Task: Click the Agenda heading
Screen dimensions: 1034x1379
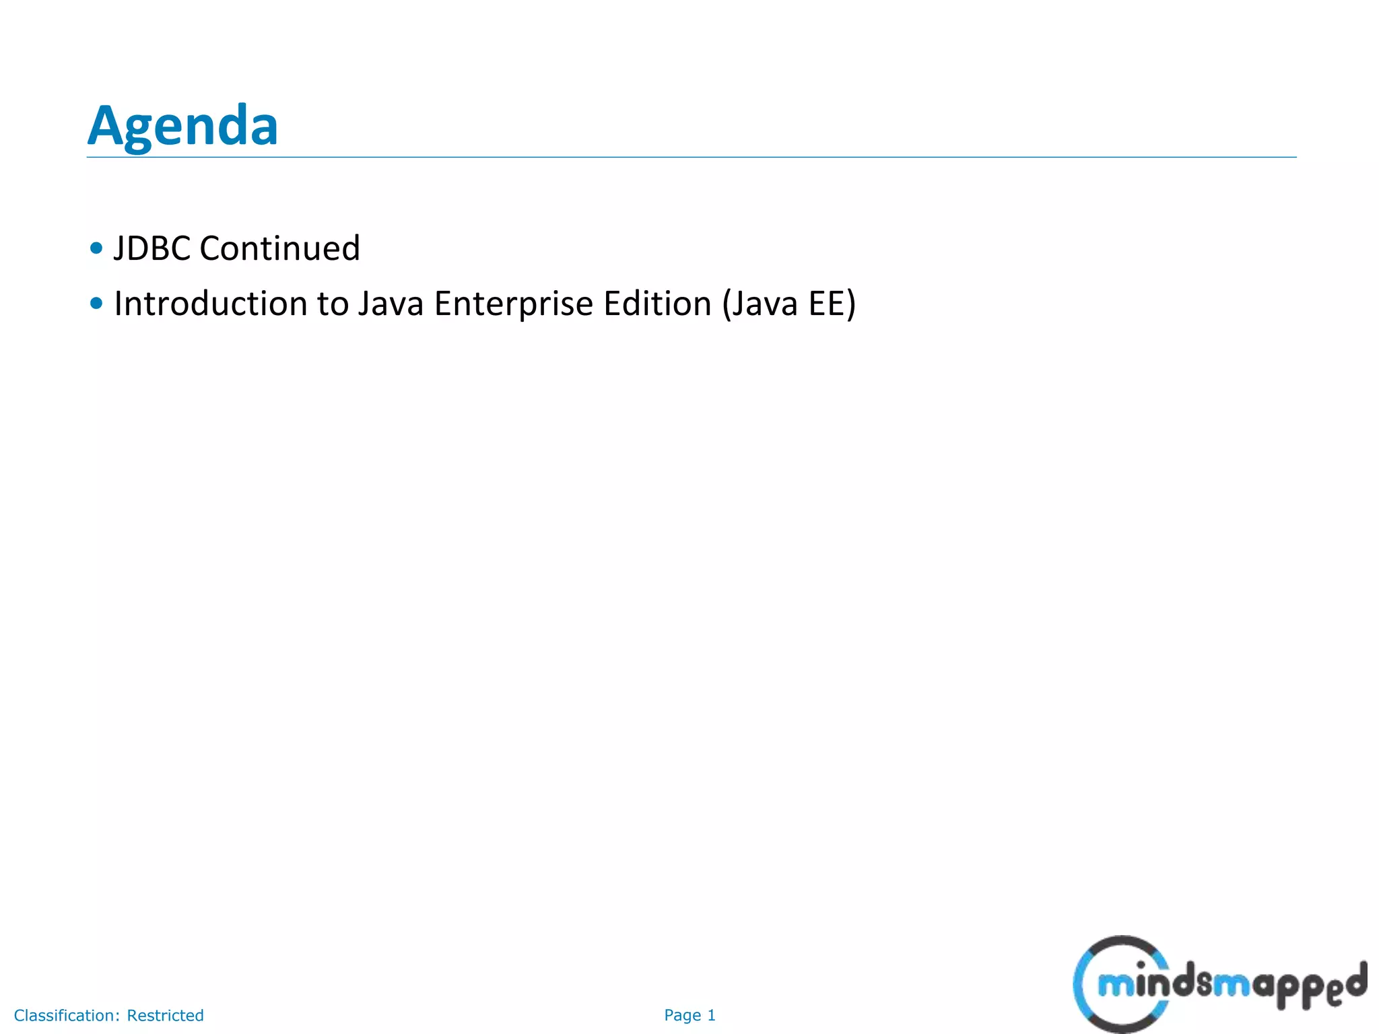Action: point(182,126)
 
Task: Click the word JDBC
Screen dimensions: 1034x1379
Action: point(152,248)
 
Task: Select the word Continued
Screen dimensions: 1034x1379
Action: point(280,248)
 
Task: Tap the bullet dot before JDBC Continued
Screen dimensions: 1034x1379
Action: point(96,248)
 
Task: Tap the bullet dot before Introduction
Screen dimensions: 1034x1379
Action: point(96,304)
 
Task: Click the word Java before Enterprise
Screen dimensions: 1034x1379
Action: point(391,304)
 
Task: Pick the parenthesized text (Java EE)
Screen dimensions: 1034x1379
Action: point(788,304)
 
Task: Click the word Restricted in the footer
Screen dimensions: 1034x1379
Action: point(165,1015)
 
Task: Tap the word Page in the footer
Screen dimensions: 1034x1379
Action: point(682,1015)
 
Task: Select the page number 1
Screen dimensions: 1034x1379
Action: point(711,1015)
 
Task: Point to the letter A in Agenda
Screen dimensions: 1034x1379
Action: point(108,126)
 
